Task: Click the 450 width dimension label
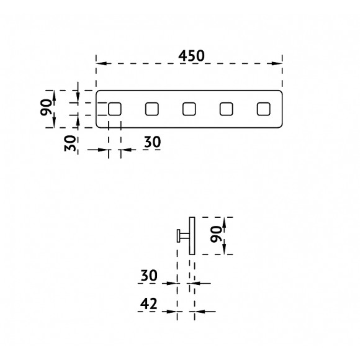click(x=191, y=56)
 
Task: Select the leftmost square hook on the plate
click(x=115, y=109)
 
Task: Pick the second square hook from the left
click(x=152, y=109)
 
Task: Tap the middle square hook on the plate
click(x=189, y=109)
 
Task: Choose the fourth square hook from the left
click(x=226, y=109)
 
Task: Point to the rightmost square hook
click(x=264, y=109)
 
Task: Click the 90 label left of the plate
click(x=46, y=107)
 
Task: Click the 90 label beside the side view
click(x=216, y=234)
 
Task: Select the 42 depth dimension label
click(x=148, y=304)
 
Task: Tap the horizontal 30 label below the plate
click(x=153, y=142)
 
